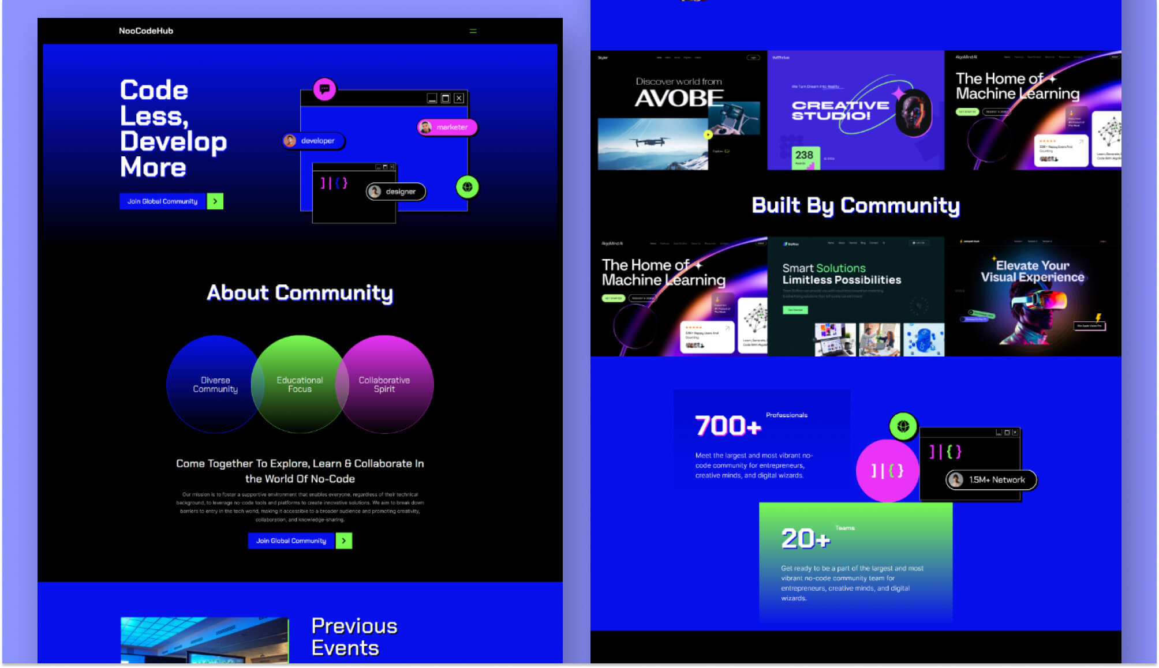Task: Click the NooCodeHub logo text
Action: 145,31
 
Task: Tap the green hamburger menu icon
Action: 473,31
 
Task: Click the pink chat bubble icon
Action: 324,89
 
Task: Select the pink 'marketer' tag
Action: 447,127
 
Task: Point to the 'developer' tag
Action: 313,141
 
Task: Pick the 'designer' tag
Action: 396,192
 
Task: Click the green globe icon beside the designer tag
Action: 467,187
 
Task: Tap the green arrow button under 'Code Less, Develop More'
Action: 215,201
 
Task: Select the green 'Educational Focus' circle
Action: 300,384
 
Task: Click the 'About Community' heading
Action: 300,293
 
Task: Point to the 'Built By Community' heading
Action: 855,205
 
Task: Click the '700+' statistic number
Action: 728,426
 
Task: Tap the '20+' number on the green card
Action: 805,539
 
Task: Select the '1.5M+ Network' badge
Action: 991,480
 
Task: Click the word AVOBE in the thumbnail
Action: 679,99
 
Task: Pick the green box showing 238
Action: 805,157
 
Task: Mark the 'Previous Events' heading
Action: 354,637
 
